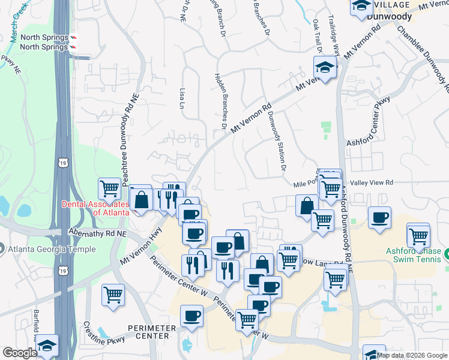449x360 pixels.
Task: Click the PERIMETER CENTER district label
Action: [151, 332]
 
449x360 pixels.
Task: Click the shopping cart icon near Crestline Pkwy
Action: [113, 295]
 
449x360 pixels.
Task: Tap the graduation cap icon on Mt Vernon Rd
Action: [325, 67]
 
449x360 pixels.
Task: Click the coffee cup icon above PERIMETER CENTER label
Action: [192, 316]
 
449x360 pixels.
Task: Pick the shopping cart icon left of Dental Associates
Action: [110, 188]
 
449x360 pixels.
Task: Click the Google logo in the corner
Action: [20, 353]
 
